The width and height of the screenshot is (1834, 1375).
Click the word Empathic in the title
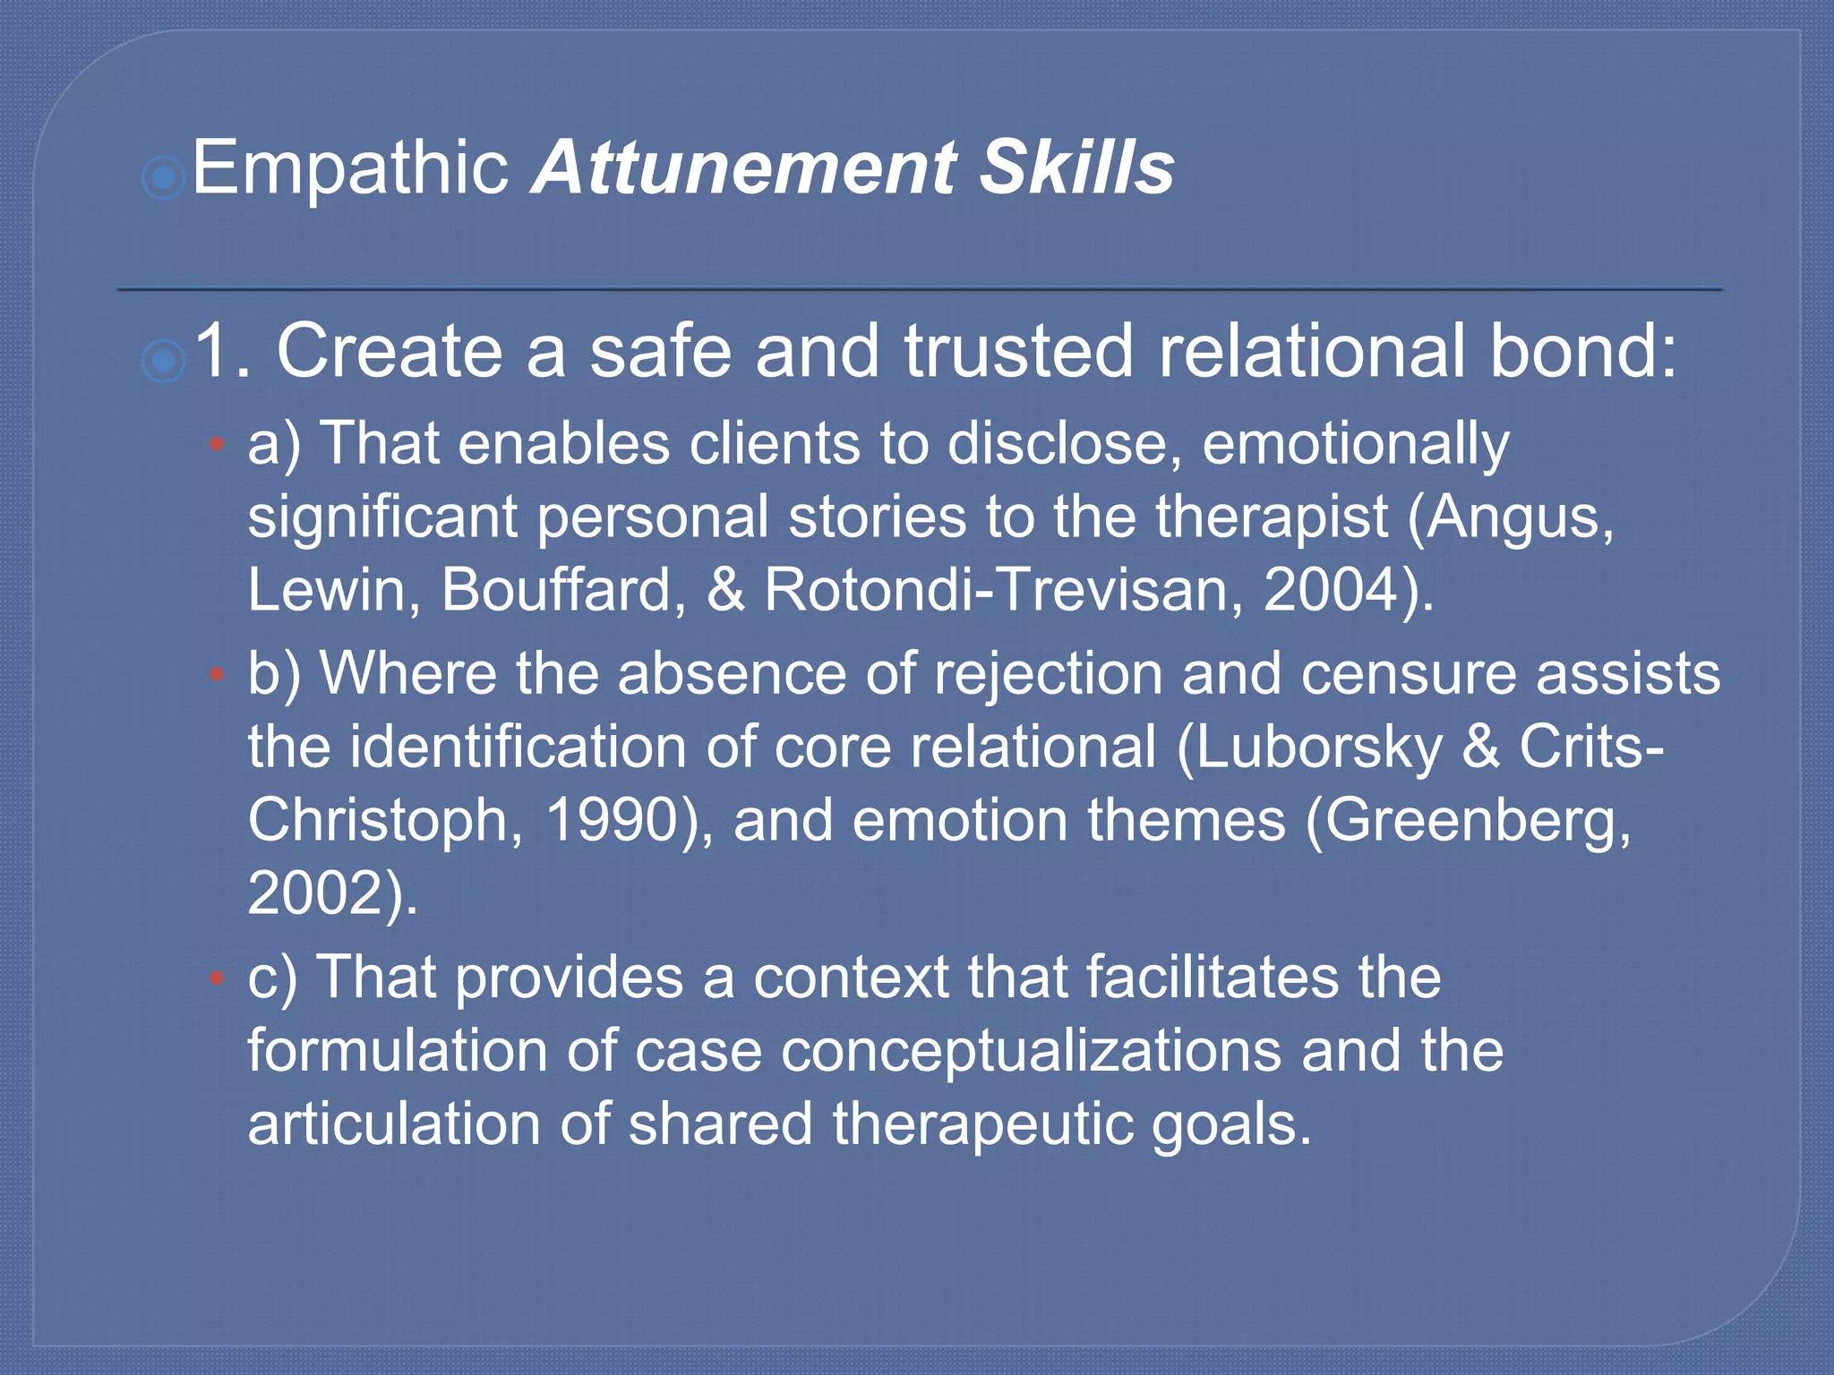[x=349, y=168]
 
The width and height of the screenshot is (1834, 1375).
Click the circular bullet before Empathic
[x=163, y=178]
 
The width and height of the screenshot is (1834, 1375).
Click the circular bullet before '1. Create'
[x=163, y=361]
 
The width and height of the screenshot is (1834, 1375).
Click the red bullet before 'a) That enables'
[x=216, y=443]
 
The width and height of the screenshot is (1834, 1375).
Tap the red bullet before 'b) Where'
[x=216, y=673]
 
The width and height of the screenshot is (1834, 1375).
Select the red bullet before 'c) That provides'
[x=216, y=978]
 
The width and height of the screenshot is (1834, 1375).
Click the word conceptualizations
[x=1031, y=1051]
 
